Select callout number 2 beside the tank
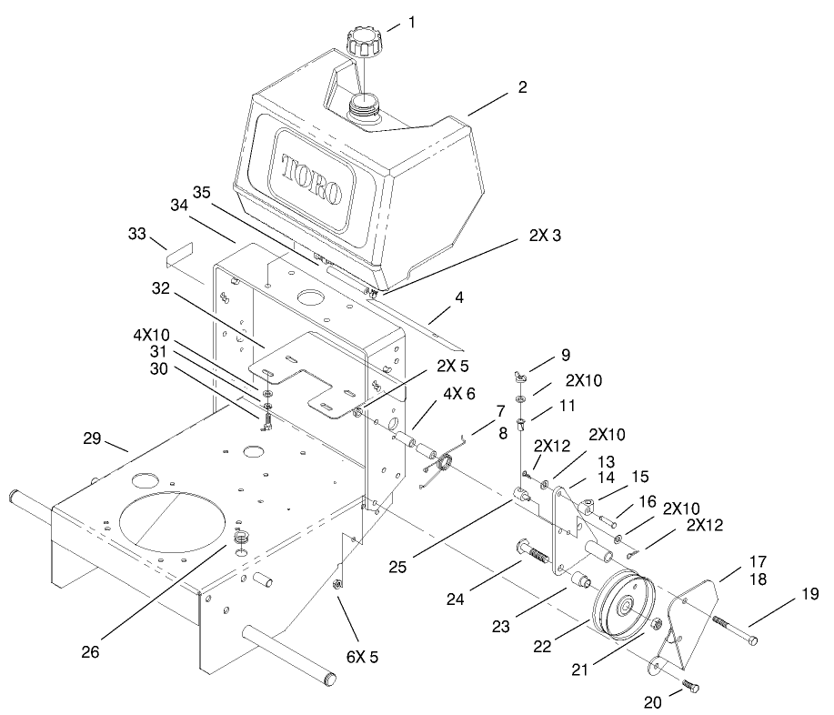point(522,88)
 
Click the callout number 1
point(411,21)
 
